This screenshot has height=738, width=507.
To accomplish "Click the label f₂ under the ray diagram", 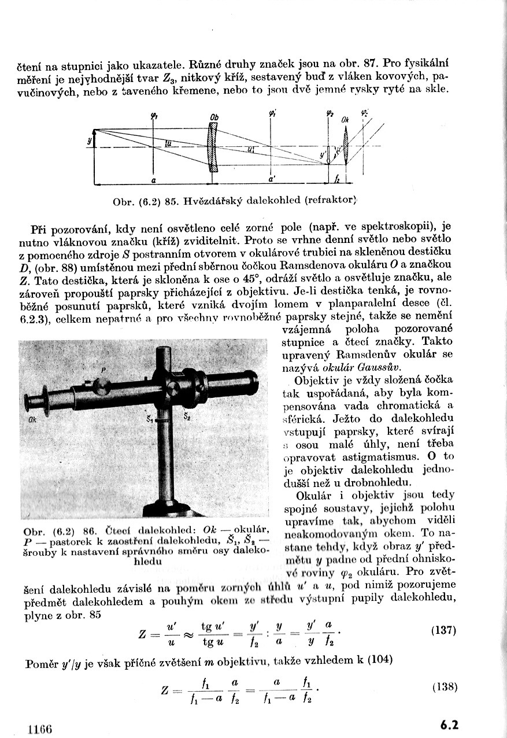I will pyautogui.click(x=337, y=180).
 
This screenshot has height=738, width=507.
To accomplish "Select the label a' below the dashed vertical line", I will pyautogui.click(x=271, y=180).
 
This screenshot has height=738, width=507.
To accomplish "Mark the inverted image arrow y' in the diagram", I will pyautogui.click(x=328, y=156).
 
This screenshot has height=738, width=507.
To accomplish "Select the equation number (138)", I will pyautogui.click(x=445, y=687).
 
